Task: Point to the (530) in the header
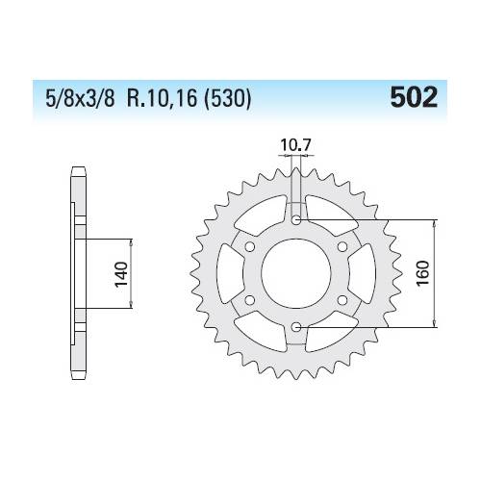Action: click(x=226, y=99)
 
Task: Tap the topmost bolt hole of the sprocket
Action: click(x=297, y=221)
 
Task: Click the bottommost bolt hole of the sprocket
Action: click(x=297, y=328)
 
